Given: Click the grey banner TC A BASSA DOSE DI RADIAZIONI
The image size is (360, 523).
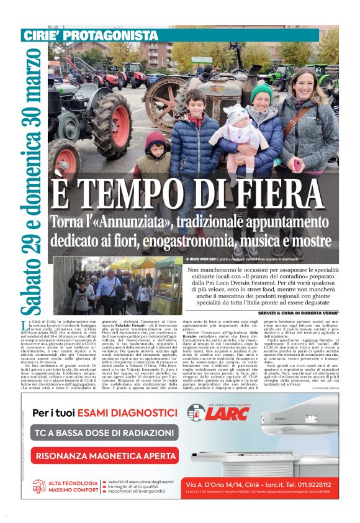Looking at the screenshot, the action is [105, 433].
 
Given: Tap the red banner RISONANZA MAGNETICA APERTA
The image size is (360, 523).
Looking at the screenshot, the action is [105, 455].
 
